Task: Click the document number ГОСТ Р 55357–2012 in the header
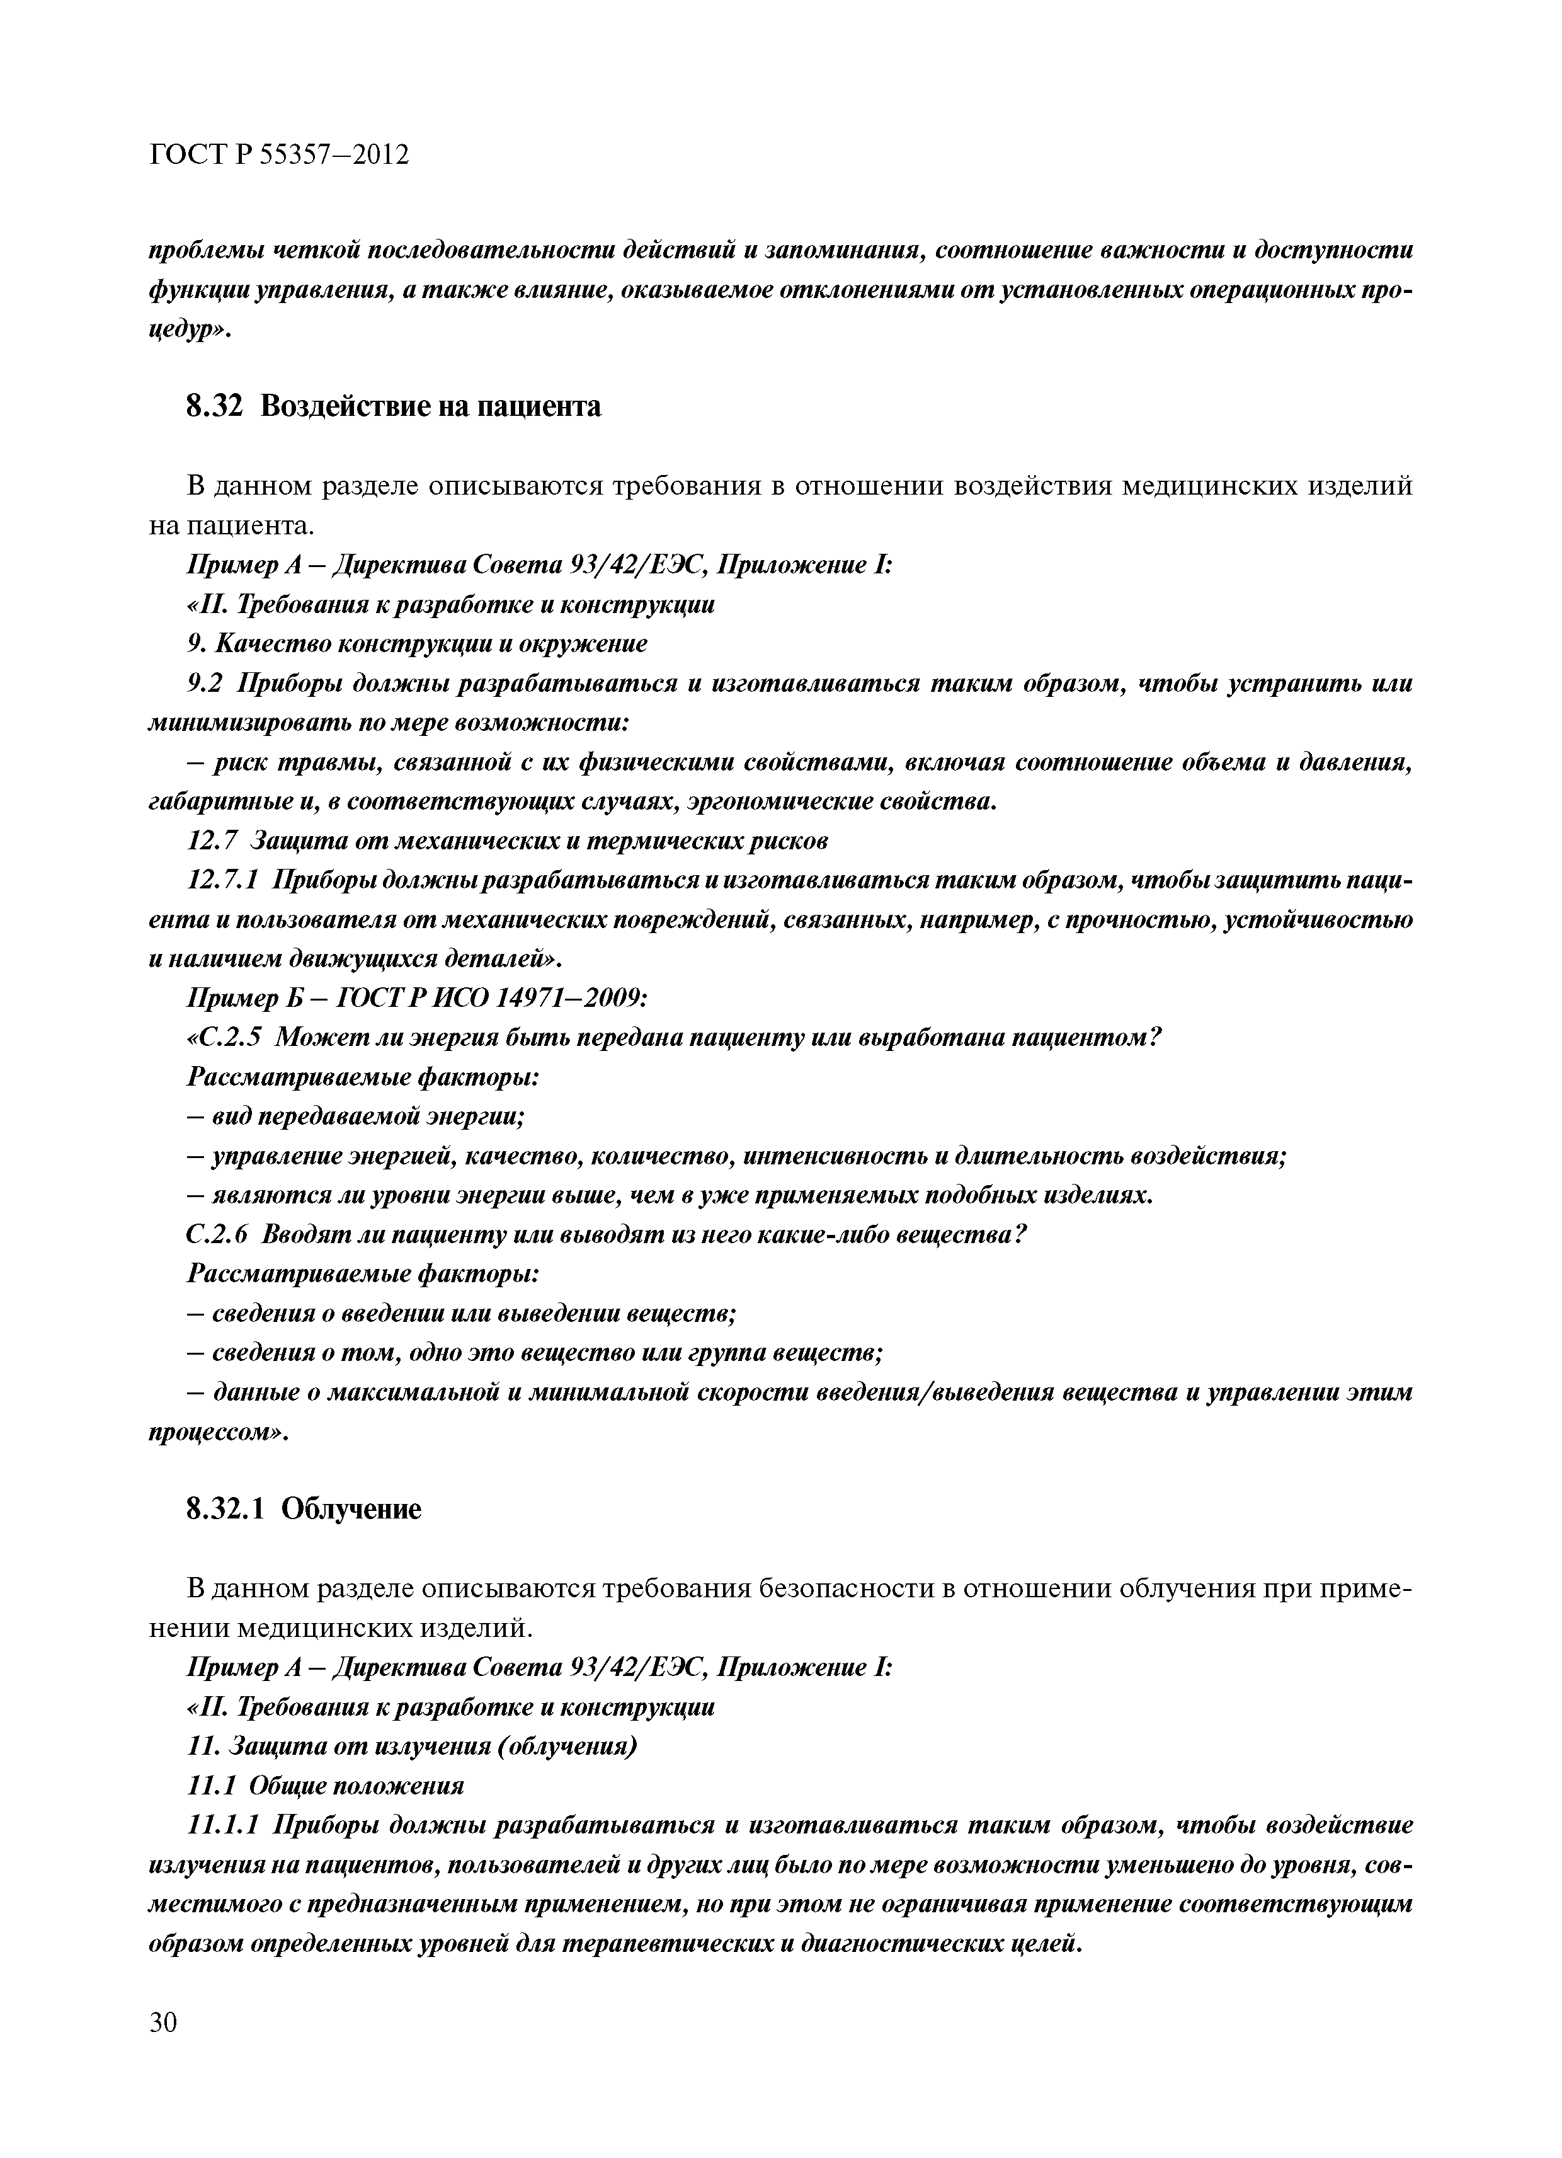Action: click(280, 154)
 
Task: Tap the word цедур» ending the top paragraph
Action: click(190, 331)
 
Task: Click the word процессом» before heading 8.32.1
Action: click(219, 1432)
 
